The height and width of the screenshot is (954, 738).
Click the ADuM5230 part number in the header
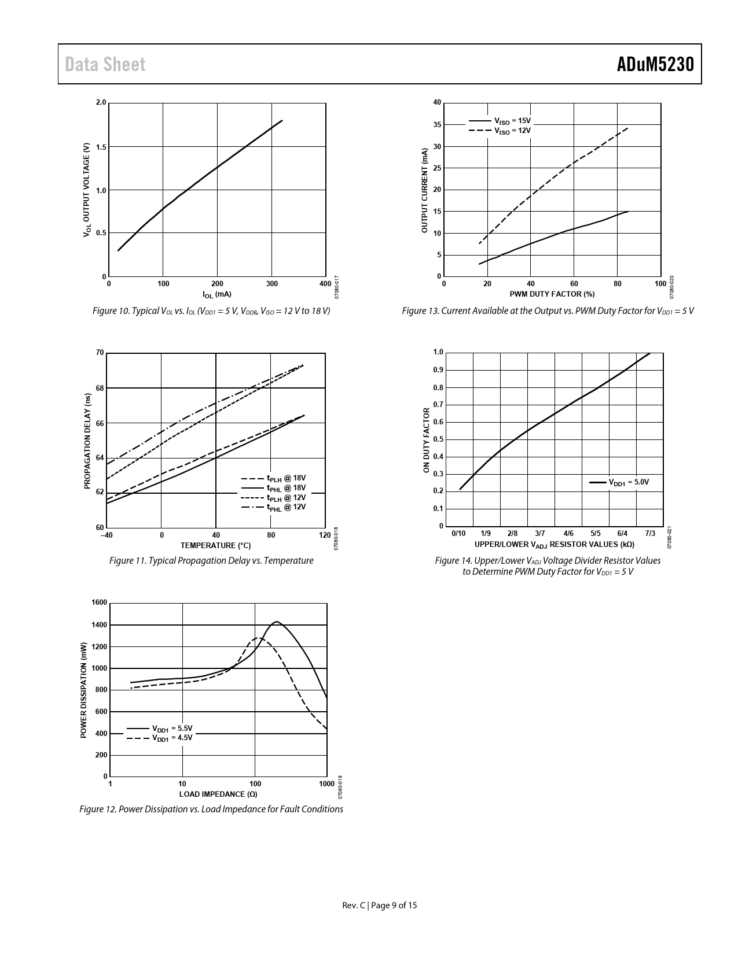(x=655, y=64)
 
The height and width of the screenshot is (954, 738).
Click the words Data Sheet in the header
(x=105, y=64)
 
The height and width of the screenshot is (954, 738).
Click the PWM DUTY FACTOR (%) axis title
(x=552, y=294)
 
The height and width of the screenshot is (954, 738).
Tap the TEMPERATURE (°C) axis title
(x=215, y=545)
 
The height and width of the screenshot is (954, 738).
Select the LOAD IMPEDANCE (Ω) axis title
(x=218, y=794)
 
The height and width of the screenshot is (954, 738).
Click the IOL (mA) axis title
(x=216, y=294)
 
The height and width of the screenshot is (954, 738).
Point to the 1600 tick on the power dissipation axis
(x=99, y=602)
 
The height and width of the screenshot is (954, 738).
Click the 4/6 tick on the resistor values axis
(x=568, y=533)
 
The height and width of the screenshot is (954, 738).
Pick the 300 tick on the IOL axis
(x=271, y=284)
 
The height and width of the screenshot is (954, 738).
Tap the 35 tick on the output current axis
(x=437, y=125)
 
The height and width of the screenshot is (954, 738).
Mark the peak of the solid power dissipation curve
(x=277, y=622)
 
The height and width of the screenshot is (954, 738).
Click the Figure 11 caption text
(x=211, y=561)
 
